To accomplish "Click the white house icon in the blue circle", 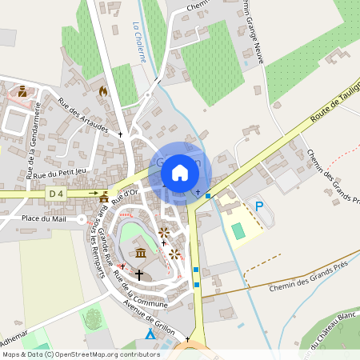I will click(180, 172).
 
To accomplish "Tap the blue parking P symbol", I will click(258, 206).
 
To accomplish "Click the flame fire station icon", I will click(102, 91).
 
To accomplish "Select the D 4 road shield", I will click(55, 194).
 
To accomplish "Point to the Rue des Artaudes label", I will click(83, 114).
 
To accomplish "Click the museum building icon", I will click(141, 254).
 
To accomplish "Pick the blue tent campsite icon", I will click(150, 333).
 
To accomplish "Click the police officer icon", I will click(22, 91).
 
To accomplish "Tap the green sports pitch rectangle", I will click(238, 230).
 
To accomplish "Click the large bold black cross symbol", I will click(139, 274).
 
